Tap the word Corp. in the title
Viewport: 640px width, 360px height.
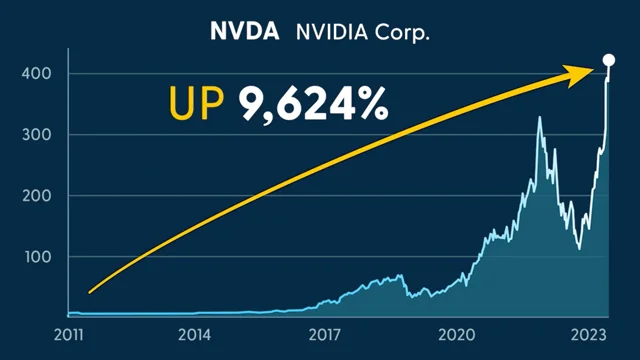click(x=400, y=32)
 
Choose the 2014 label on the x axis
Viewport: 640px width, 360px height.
click(x=194, y=333)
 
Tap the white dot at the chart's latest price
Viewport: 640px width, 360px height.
click(x=609, y=61)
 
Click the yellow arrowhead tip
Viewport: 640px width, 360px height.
click(x=598, y=70)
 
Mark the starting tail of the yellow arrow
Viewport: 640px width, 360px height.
click(x=90, y=292)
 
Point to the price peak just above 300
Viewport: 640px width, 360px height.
click(x=540, y=118)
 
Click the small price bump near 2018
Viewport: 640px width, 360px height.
click(x=400, y=275)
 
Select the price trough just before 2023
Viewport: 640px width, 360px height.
click(x=579, y=249)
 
